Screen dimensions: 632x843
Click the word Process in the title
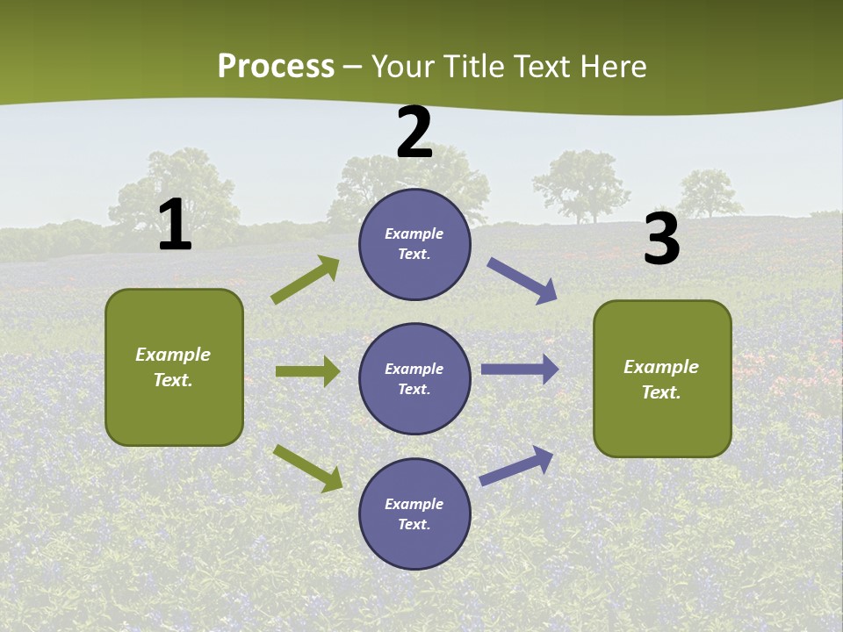[276, 66]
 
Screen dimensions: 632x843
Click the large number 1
[175, 225]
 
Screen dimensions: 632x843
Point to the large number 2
[414, 133]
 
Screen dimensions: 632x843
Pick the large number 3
[661, 239]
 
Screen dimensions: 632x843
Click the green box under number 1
[174, 367]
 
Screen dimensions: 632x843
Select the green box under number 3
[662, 378]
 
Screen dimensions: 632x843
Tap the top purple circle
[414, 244]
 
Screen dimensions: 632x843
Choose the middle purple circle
[414, 378]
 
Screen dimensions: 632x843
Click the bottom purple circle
[414, 513]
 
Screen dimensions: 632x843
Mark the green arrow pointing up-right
[306, 280]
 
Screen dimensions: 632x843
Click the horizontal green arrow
[307, 371]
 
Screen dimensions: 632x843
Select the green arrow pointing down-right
[307, 468]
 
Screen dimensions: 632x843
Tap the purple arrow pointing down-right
[522, 282]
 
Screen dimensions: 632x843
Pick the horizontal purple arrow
[520, 370]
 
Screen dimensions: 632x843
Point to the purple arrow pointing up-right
[516, 465]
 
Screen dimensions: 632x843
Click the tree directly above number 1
[180, 189]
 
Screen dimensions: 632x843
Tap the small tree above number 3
[708, 193]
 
